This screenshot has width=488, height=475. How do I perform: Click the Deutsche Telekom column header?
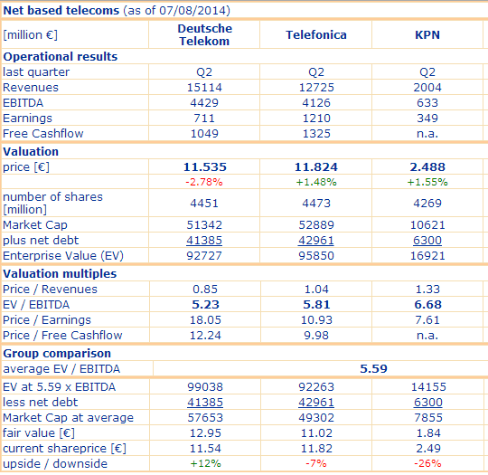point(204,35)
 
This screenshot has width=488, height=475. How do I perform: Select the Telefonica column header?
point(316,35)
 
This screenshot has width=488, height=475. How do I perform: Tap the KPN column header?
point(427,35)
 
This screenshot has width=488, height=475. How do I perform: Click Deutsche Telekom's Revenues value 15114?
point(204,88)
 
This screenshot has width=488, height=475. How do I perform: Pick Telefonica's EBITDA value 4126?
point(316,103)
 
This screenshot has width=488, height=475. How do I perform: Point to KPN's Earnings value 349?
point(427,119)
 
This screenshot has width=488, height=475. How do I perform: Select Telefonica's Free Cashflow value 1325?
point(316,134)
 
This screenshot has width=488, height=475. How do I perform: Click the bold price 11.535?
point(204,167)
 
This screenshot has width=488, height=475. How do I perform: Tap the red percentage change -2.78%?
point(204,182)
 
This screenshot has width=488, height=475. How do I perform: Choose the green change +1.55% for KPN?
point(427,182)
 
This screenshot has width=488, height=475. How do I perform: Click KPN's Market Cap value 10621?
point(427,224)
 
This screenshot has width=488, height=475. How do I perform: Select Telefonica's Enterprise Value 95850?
point(316,255)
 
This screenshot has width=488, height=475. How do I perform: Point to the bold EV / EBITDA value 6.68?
point(427,305)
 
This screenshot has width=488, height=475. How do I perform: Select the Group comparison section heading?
point(57,353)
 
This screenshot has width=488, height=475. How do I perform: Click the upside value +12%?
point(204,464)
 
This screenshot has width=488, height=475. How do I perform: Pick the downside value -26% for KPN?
point(427,464)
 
